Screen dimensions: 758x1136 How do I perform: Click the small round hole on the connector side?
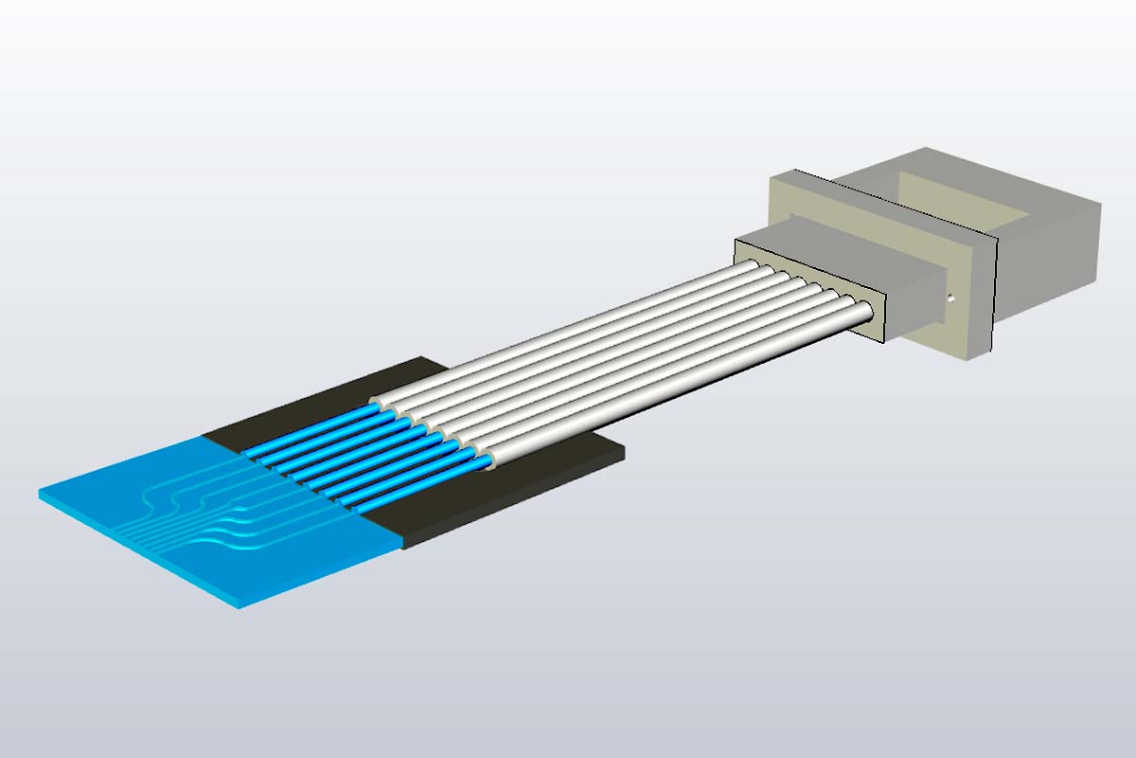click(x=951, y=300)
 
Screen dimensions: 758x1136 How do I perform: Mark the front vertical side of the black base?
click(x=511, y=507)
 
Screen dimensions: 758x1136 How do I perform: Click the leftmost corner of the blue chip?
click(x=40, y=493)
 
